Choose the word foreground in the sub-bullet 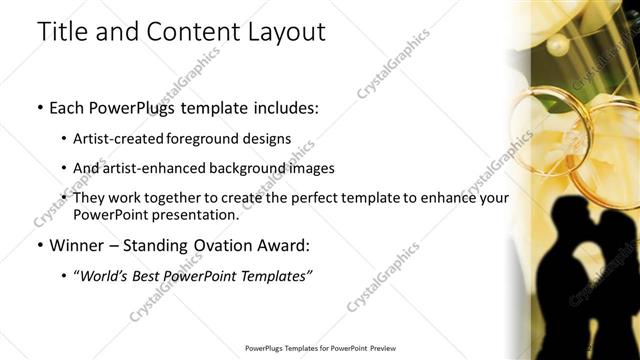coord(217,138)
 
